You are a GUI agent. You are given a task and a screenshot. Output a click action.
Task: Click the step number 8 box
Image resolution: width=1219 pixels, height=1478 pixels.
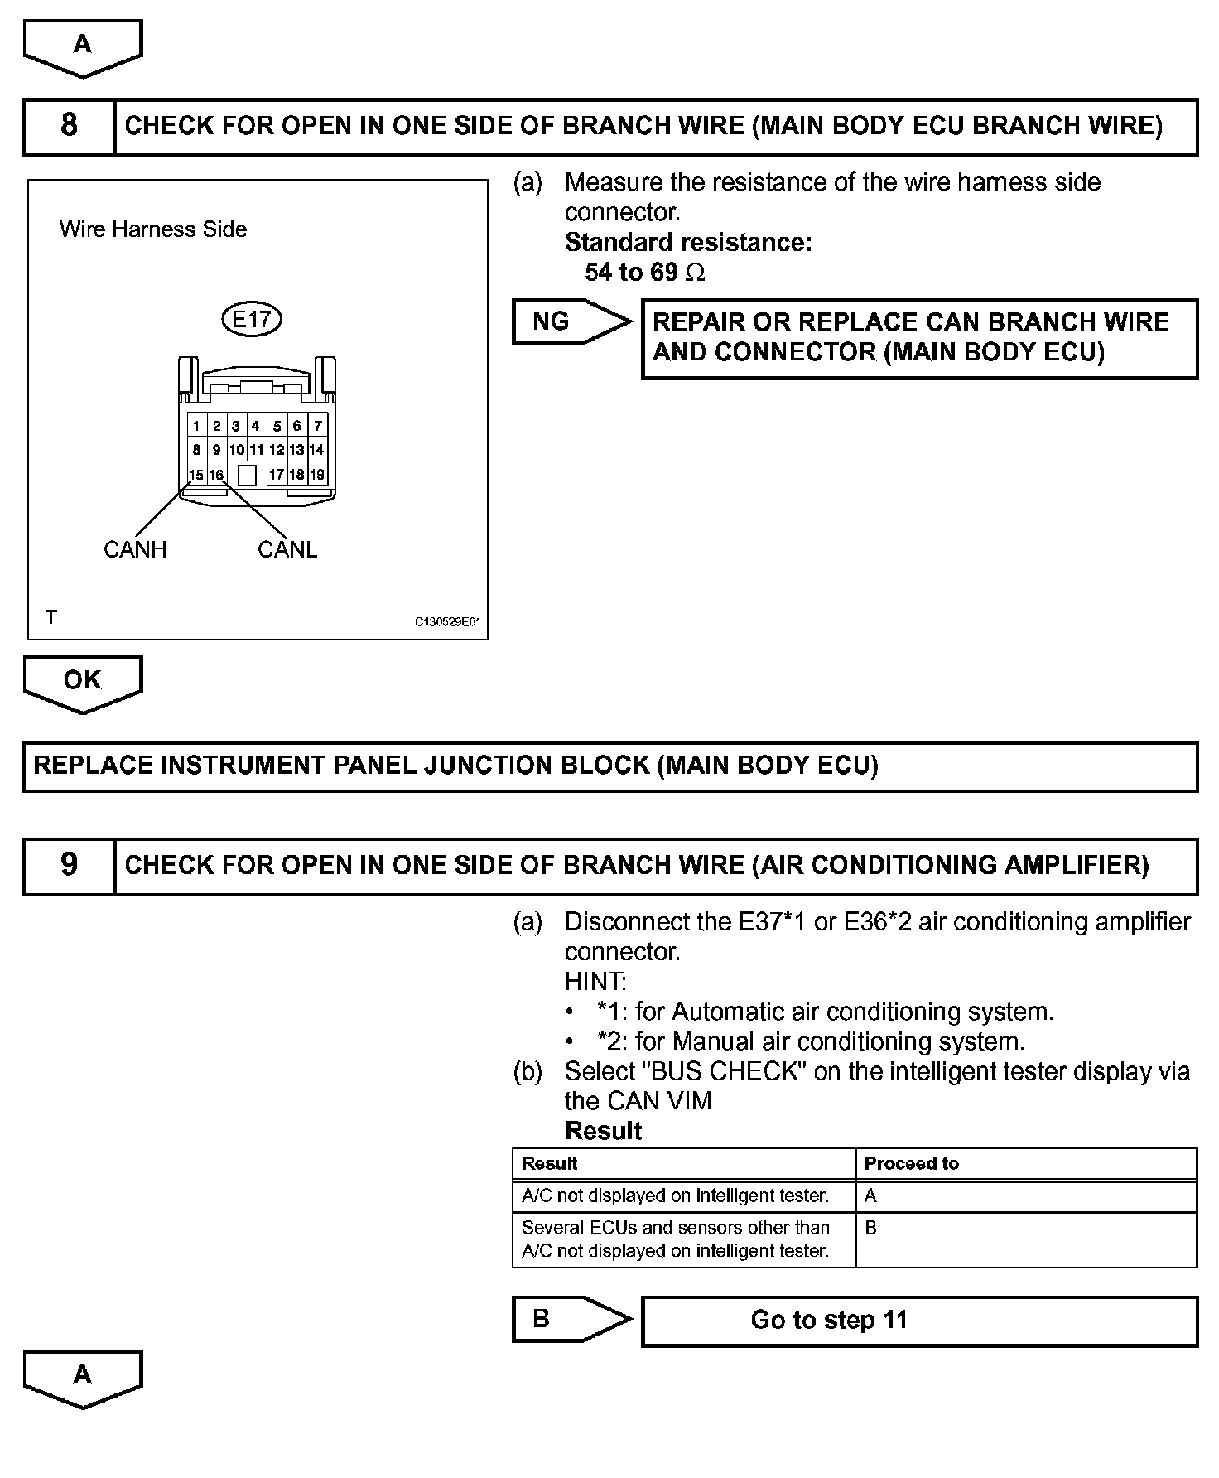coord(69,126)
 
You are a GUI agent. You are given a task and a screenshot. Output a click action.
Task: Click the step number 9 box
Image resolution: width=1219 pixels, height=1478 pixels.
coord(69,866)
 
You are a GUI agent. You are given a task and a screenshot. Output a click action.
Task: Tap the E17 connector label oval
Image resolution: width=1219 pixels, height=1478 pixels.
coord(253,319)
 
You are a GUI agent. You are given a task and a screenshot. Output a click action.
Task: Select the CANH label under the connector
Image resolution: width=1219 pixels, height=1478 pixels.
coord(135,549)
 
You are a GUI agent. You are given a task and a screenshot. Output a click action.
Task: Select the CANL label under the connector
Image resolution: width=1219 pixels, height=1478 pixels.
coord(287,549)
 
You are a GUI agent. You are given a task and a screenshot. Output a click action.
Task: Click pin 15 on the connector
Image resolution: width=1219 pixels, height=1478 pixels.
coord(196,475)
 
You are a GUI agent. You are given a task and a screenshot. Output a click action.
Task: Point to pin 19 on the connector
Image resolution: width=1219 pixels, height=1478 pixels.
coord(317,475)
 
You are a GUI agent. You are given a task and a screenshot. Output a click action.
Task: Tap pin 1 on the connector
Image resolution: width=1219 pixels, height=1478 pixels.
coord(196,427)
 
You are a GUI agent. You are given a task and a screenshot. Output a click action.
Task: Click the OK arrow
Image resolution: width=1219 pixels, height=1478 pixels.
coord(82,682)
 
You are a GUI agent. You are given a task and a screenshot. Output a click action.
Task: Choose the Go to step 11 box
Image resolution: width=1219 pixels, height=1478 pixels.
coord(919,1320)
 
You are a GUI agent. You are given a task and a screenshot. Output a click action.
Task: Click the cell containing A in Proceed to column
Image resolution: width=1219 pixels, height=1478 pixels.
coord(1025,1195)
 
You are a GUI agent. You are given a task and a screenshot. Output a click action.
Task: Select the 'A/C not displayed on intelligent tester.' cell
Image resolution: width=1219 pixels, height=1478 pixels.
coord(683,1195)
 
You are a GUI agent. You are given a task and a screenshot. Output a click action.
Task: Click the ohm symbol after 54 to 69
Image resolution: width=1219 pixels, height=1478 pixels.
coord(696,273)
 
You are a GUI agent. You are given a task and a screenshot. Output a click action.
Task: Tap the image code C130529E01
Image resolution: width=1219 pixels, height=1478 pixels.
coord(447,621)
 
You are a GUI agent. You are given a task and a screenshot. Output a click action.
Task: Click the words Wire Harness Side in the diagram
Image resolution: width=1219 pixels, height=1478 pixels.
coord(153,229)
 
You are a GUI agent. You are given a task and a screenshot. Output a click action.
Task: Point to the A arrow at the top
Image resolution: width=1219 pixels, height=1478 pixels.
coord(82,46)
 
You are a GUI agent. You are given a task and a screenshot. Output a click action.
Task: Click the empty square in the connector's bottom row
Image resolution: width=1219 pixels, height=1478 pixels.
coord(247,475)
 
